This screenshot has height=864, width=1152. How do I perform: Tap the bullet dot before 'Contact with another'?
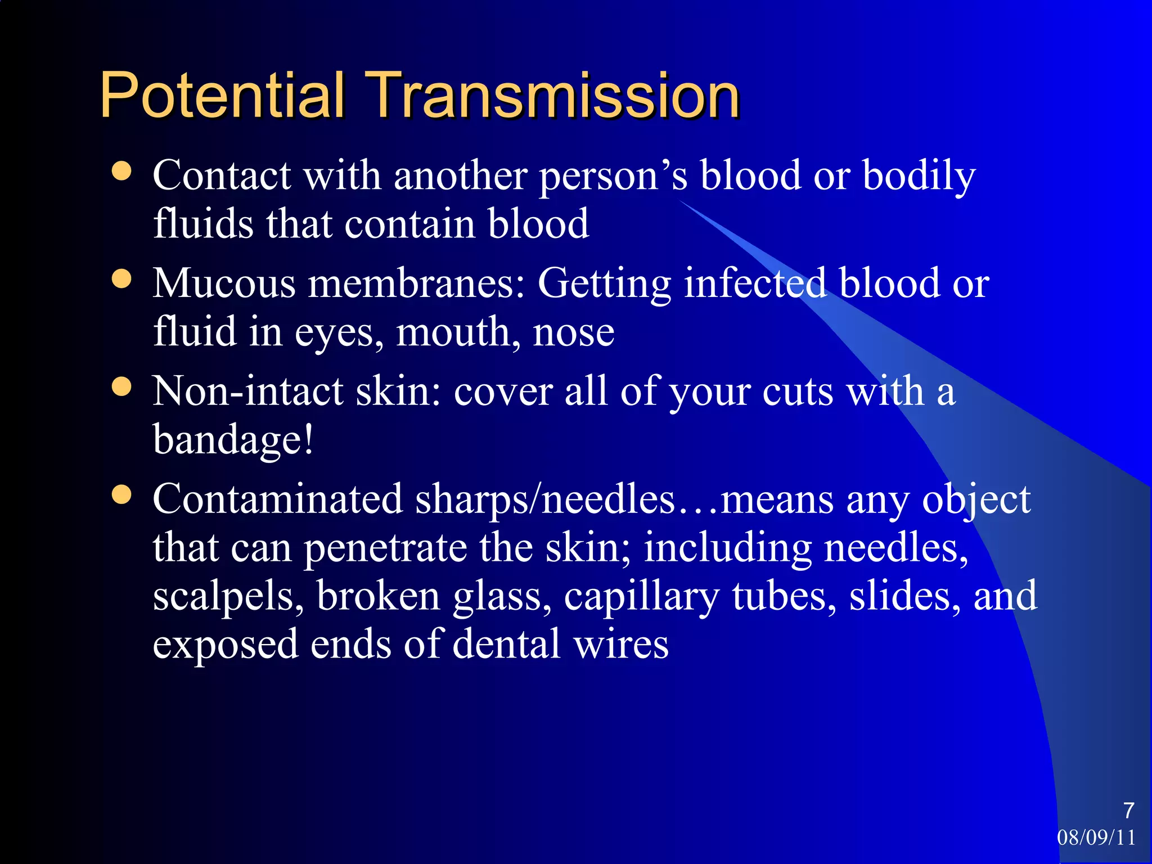pos(121,171)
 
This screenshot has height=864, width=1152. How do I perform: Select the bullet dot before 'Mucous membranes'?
pos(121,278)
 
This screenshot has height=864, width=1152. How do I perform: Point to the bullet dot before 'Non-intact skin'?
pos(121,386)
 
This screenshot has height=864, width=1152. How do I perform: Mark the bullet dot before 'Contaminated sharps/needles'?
pos(121,494)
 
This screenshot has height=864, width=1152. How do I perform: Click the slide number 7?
pos(1128,811)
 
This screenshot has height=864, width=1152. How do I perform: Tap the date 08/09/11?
pos(1096,838)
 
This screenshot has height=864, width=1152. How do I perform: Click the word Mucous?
pos(224,283)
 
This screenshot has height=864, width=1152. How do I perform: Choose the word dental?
pos(506,644)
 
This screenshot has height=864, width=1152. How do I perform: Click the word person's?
pos(613,176)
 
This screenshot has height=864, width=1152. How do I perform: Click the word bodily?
pos(919,176)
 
